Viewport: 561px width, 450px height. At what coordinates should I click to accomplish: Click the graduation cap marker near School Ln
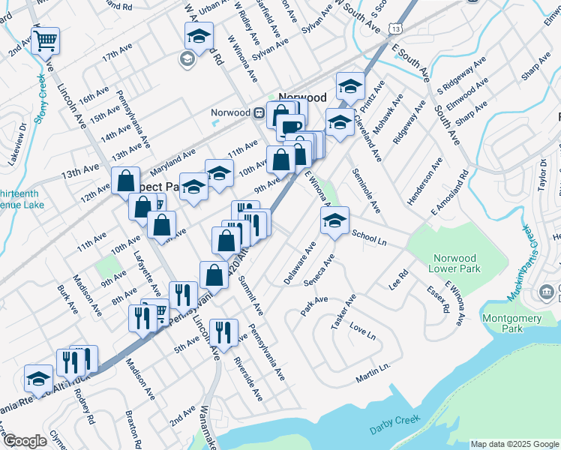tap(334, 220)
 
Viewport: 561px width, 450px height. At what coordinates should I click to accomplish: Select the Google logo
tap(25, 441)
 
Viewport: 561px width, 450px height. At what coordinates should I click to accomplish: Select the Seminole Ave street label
tap(365, 190)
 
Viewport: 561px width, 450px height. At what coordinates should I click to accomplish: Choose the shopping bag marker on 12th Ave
tap(124, 181)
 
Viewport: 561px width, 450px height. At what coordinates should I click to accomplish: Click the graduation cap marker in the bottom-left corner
tap(38, 379)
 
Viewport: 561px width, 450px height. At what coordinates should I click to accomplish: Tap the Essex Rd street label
tap(436, 298)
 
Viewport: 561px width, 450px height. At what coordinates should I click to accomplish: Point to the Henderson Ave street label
tap(435, 183)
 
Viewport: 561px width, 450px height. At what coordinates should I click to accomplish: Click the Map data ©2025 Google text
tap(514, 444)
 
